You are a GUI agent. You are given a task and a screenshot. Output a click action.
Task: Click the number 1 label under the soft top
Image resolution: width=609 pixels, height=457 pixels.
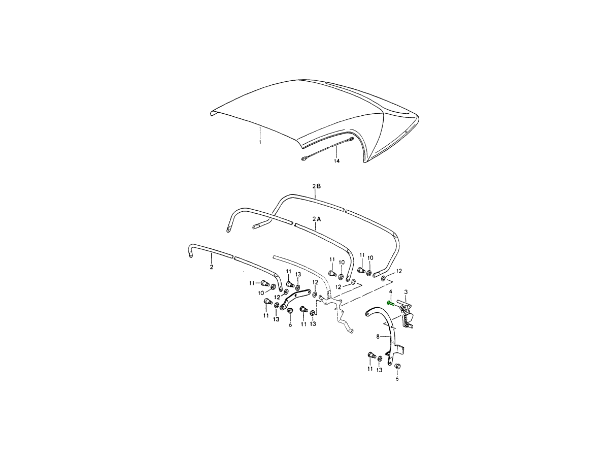click(x=260, y=142)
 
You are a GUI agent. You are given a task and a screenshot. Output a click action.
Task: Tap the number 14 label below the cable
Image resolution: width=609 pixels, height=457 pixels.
click(x=336, y=161)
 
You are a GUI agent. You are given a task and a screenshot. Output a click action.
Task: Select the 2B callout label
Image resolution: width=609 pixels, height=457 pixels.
click(x=317, y=186)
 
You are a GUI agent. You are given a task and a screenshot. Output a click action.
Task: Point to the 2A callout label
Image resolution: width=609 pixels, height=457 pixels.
click(x=317, y=219)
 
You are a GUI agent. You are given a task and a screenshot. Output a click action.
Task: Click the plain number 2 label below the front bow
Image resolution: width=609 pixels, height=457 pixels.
click(x=212, y=267)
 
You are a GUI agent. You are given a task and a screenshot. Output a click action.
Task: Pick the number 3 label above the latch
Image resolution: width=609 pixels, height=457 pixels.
click(x=406, y=292)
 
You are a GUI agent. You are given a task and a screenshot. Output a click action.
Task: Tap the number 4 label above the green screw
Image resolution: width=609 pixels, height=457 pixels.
click(x=391, y=291)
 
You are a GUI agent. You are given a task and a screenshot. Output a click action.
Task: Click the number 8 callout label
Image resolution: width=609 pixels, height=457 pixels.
click(x=378, y=337)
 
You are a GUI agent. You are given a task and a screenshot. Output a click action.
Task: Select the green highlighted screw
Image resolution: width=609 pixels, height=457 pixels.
click(x=390, y=304)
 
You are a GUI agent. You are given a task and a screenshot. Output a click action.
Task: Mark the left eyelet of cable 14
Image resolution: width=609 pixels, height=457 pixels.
click(x=304, y=159)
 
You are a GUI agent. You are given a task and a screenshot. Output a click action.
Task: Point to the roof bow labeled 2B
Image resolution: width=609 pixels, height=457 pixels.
click(x=316, y=198)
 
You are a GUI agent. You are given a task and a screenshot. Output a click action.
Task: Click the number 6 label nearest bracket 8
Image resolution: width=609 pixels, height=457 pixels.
click(x=397, y=379)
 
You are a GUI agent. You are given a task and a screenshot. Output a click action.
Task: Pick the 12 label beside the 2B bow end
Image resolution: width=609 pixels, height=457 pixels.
click(x=399, y=271)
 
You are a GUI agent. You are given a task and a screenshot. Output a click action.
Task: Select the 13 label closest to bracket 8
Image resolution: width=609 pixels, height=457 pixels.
click(x=379, y=370)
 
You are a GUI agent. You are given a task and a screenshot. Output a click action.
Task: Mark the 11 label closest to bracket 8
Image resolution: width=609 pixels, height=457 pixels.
click(x=370, y=369)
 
